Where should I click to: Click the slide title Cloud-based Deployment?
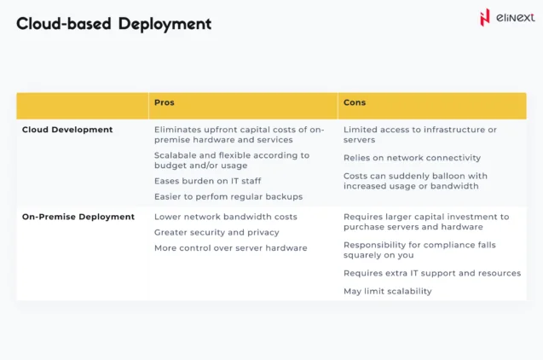pos(113,24)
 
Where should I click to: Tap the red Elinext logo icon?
pos(485,17)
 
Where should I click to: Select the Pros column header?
pos(164,102)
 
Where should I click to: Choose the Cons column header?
pos(355,102)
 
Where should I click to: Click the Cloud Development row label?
pos(67,130)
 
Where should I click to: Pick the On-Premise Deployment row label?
pos(78,217)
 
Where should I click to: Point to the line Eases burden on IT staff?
pos(208,181)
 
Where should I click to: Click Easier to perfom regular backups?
pos(228,196)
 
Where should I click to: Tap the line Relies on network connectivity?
pos(412,158)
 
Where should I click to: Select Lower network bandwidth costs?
pos(226,217)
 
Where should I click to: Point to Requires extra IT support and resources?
pos(431,273)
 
